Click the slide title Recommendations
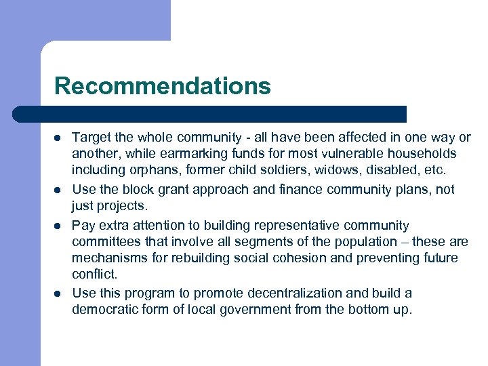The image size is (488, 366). (162, 86)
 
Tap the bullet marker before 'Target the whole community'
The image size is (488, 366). (58, 138)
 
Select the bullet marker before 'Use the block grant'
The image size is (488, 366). (58, 190)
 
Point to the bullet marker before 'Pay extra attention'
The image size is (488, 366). (58, 225)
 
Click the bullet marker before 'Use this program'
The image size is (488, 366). (58, 293)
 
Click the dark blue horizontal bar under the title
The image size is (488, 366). (210, 113)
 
